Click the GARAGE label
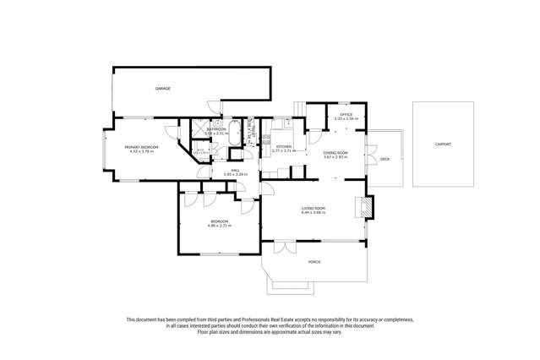162,89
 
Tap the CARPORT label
443,145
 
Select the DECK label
385,159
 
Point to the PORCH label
314,262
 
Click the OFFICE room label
346,114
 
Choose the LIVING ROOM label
314,208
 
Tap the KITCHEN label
284,147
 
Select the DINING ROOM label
336,152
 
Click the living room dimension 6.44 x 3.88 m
314,213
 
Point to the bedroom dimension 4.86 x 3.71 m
219,226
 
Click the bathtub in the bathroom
237,133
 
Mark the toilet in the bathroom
217,123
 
